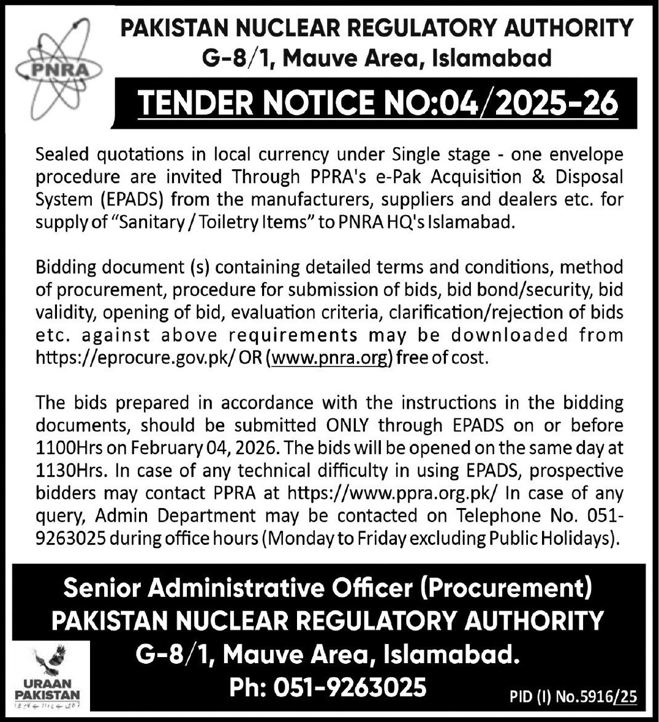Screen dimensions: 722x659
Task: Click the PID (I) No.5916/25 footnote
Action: pos(573,696)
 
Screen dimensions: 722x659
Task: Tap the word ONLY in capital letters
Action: pos(348,425)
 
